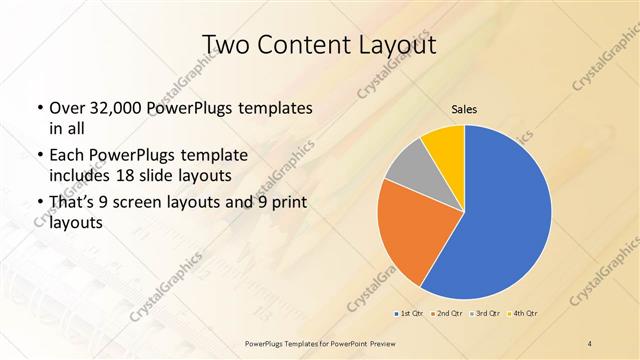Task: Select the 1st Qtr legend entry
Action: click(x=408, y=314)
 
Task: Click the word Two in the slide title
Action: click(x=227, y=45)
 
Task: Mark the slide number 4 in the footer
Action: click(x=590, y=343)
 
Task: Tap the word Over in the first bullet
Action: click(x=67, y=107)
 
